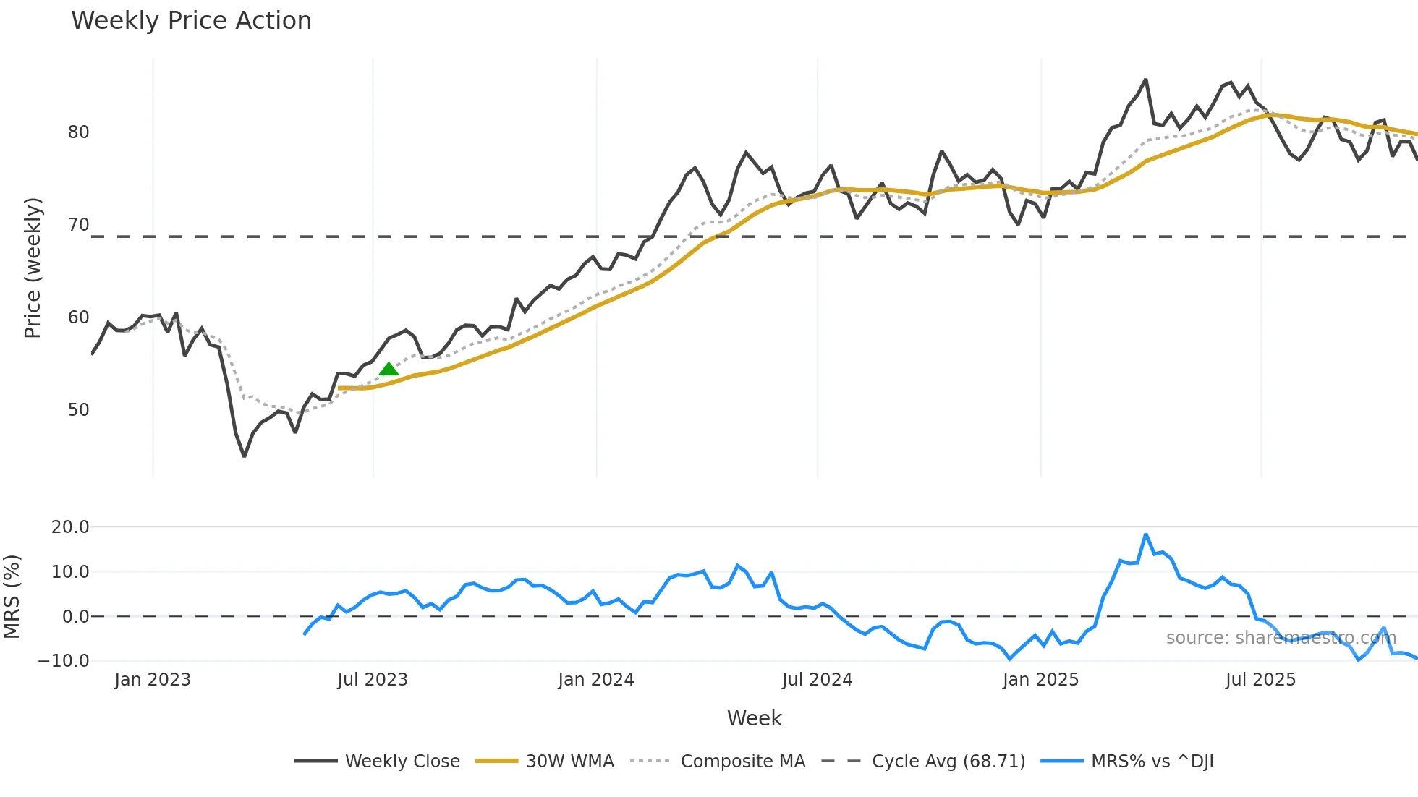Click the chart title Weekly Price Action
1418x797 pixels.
click(x=191, y=21)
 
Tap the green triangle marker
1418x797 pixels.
click(x=389, y=370)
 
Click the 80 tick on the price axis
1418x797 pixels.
click(x=78, y=132)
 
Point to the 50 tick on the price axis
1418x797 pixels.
click(x=78, y=410)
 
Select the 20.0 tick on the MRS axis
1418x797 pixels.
click(x=70, y=527)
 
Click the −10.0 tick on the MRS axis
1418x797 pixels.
click(x=64, y=661)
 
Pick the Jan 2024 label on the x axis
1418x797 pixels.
click(x=595, y=680)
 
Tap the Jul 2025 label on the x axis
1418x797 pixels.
click(x=1260, y=680)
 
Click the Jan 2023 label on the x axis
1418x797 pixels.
click(x=152, y=680)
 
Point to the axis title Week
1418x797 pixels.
click(x=754, y=718)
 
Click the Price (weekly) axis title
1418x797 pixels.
click(x=33, y=268)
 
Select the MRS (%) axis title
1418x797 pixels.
click(x=12, y=597)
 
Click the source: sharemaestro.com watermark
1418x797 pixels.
click(x=1281, y=638)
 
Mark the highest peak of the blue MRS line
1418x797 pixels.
click(x=1146, y=534)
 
